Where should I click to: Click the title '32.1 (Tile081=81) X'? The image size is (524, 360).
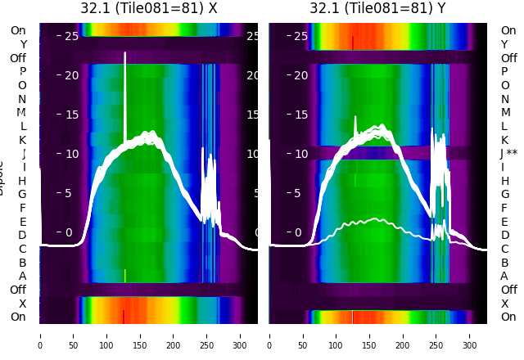pos(148,8)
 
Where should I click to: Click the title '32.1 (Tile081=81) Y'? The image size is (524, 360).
pos(377,8)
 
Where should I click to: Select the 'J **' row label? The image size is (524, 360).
pos(512,153)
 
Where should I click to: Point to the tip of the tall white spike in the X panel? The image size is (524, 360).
pos(125,53)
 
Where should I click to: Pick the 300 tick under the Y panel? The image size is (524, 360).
pos(470,335)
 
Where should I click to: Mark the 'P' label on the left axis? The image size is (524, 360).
pos(23,71)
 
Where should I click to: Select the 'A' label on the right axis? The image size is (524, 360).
pos(504,276)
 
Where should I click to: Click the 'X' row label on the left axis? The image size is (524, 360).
pos(23,304)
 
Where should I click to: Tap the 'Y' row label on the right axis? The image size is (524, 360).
pos(504,44)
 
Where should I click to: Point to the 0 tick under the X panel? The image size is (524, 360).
pos(40,335)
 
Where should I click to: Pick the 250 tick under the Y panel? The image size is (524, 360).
pos(436,335)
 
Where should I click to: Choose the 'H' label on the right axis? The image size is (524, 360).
pos(504,181)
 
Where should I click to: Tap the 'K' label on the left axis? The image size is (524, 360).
pos(23,140)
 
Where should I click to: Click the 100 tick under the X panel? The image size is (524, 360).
pos(106,335)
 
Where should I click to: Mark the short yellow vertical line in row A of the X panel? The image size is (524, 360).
pos(124,276)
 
